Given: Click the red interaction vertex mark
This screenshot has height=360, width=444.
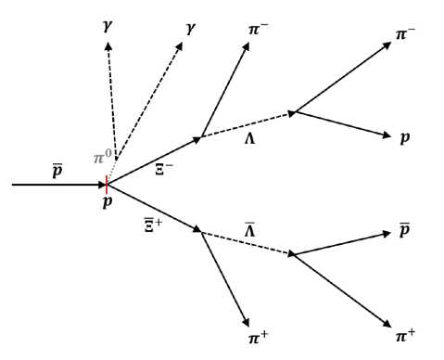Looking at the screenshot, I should click(x=107, y=184).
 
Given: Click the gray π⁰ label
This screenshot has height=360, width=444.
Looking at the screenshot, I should click(x=101, y=157).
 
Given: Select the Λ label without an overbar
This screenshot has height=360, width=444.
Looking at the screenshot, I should click(x=248, y=139).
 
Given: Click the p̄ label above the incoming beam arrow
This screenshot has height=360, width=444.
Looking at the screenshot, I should click(x=57, y=170).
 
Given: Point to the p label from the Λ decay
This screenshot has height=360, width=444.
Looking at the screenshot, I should click(x=406, y=136).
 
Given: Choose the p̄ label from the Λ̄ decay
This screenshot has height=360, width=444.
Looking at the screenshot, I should click(x=405, y=229).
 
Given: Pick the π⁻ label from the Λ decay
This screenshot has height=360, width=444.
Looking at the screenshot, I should click(x=405, y=34).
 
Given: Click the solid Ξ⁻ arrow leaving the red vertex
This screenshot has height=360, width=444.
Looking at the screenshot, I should click(x=154, y=161).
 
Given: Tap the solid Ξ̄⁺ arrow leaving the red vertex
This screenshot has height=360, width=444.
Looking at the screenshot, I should click(x=154, y=207).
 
